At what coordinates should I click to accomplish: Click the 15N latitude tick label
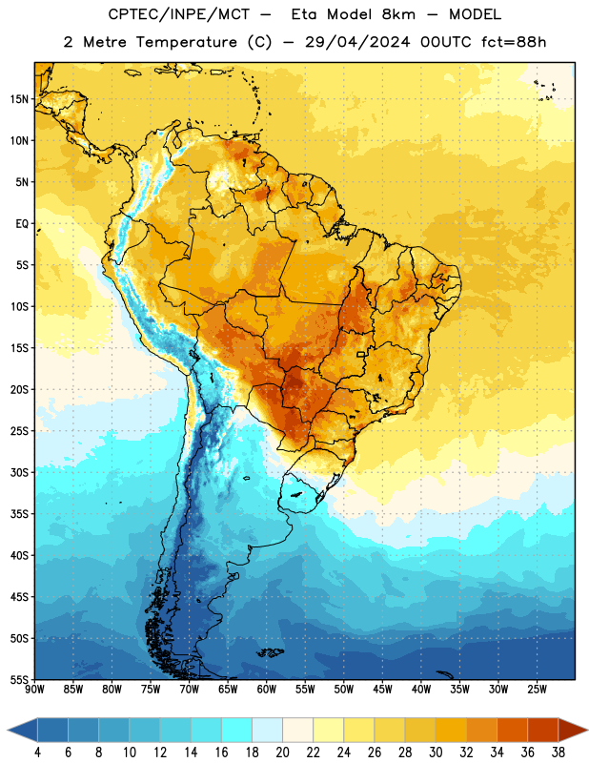coord(19,99)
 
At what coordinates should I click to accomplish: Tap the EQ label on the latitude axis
coord(22,224)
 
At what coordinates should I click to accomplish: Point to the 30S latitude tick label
coord(19,472)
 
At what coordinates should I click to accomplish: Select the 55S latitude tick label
coord(19,680)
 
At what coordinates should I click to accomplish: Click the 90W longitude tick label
coord(35,689)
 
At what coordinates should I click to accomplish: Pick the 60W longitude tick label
coord(267,689)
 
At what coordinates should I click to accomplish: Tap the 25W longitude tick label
coord(537,689)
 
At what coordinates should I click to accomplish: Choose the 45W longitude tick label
coord(382,689)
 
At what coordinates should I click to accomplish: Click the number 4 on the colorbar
coord(37,753)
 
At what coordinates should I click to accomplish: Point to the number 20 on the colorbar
coord(282,753)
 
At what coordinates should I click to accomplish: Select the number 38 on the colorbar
coord(559,753)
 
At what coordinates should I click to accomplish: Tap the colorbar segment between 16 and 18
coord(237,731)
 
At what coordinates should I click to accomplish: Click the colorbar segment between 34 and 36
coord(513,731)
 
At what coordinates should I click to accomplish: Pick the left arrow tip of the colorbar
coord(8,731)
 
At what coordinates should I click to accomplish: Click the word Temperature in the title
coord(186,42)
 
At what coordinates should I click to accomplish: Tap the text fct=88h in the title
coord(514,42)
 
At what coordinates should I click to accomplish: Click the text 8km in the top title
coord(398,14)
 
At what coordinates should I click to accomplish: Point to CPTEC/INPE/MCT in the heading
coord(178,14)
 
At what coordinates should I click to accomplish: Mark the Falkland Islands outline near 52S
coord(270,652)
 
